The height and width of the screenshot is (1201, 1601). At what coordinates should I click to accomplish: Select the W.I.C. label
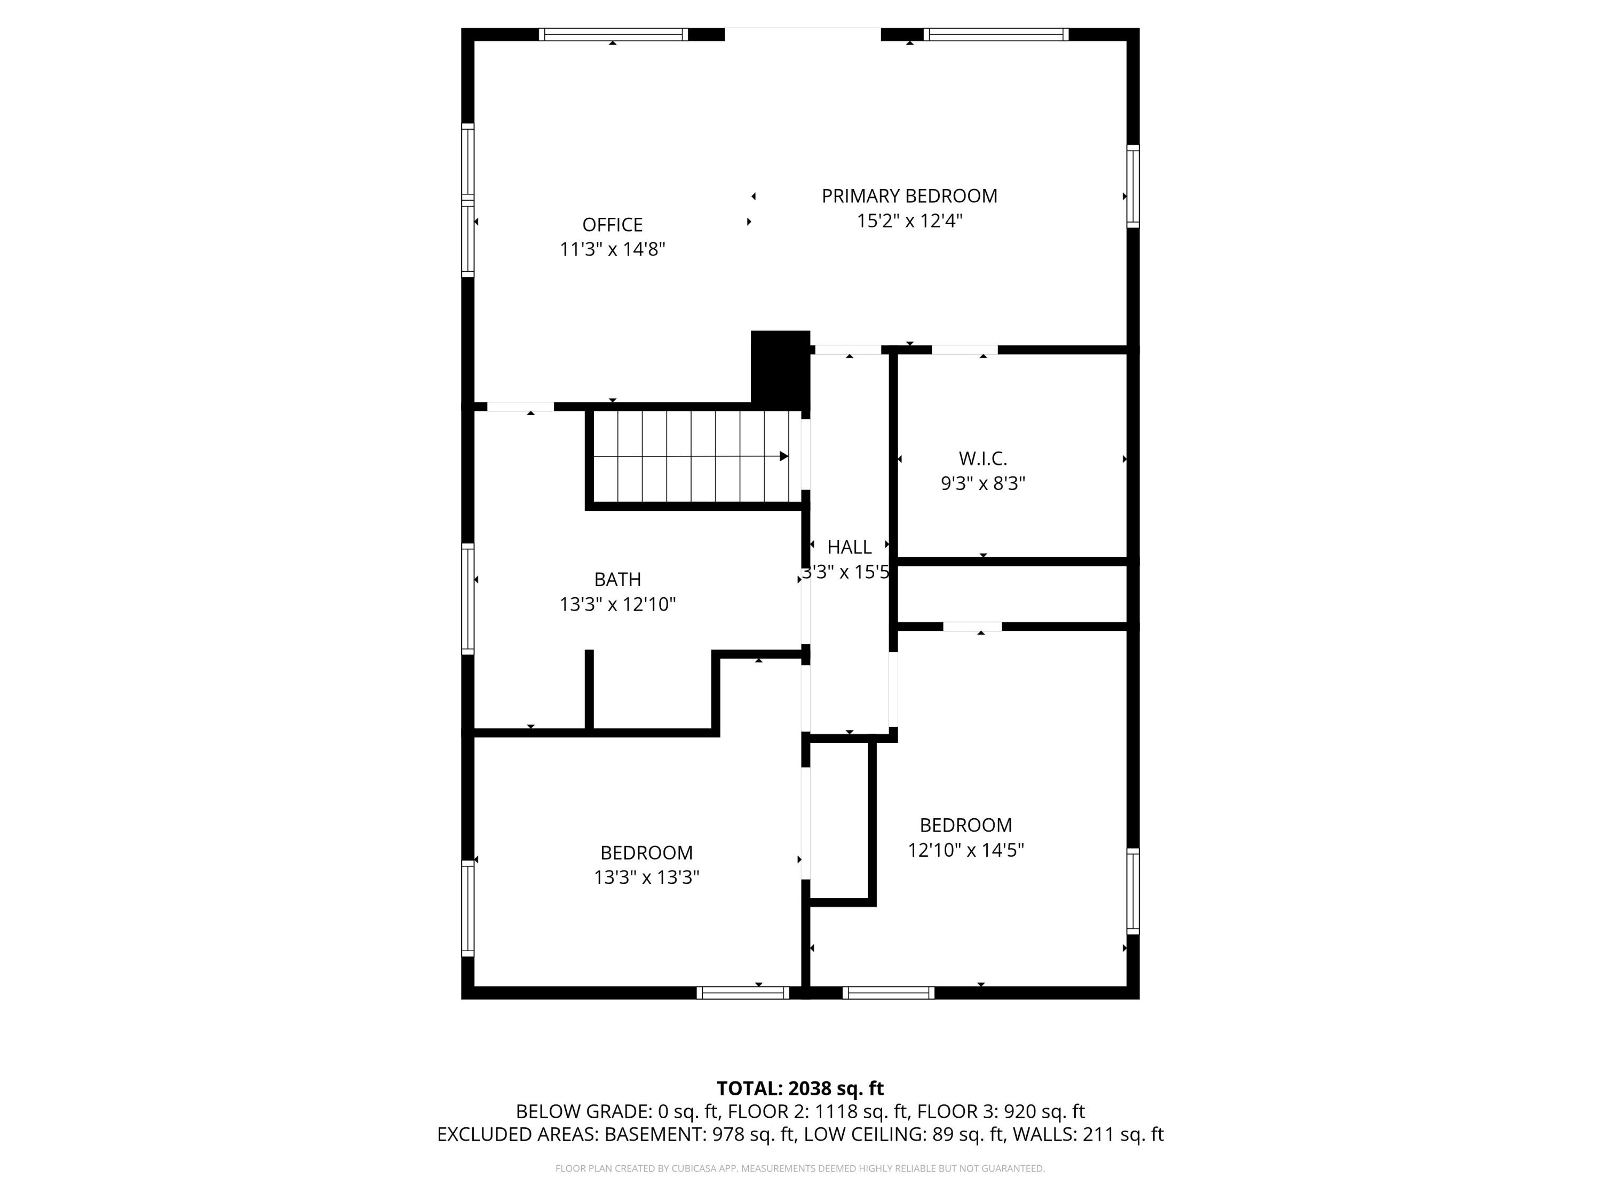click(x=983, y=458)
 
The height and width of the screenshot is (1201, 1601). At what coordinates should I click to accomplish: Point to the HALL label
click(x=849, y=547)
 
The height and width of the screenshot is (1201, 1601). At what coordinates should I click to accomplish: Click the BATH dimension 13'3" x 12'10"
click(x=617, y=604)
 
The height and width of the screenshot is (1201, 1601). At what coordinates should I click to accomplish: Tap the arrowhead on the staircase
click(x=783, y=456)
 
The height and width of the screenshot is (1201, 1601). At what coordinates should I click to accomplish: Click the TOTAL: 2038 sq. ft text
click(x=800, y=1088)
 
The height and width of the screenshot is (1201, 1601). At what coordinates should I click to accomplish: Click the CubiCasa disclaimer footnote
click(x=800, y=1168)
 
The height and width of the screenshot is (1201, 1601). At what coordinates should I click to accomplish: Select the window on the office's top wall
click(x=613, y=34)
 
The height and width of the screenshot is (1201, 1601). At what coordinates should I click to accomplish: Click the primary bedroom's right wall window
click(x=1133, y=186)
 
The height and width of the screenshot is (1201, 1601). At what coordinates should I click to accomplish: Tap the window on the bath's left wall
click(x=468, y=599)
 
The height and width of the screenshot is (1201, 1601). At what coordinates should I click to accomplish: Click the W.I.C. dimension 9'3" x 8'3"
click(x=983, y=484)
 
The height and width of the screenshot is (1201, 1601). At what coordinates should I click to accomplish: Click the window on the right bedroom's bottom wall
click(x=888, y=992)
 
